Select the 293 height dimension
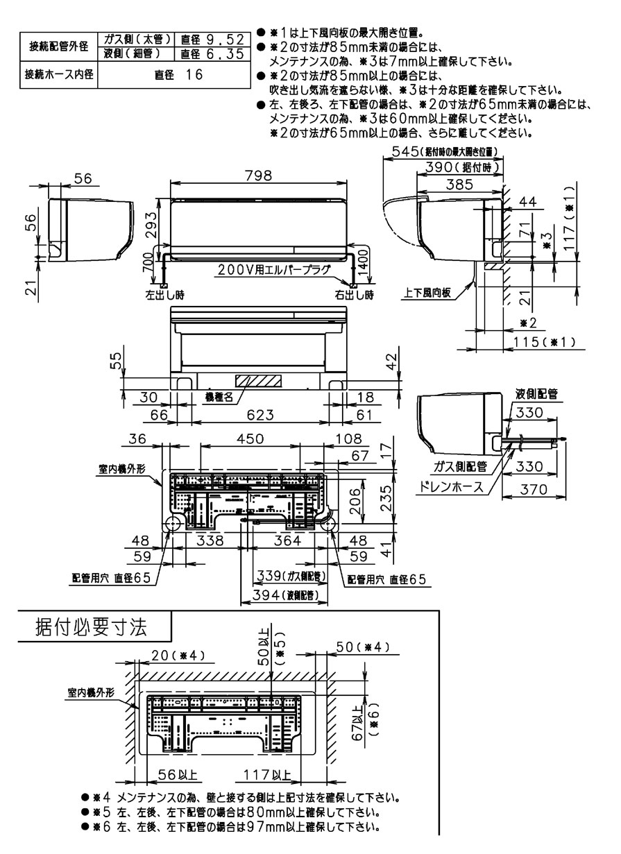tap(159, 223)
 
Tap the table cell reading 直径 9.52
tap(212, 39)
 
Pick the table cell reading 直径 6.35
tap(212, 52)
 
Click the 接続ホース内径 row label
tap(59, 74)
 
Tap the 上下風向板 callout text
tap(427, 293)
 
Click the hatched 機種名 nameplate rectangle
tap(259, 381)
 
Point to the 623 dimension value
tap(258, 414)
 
